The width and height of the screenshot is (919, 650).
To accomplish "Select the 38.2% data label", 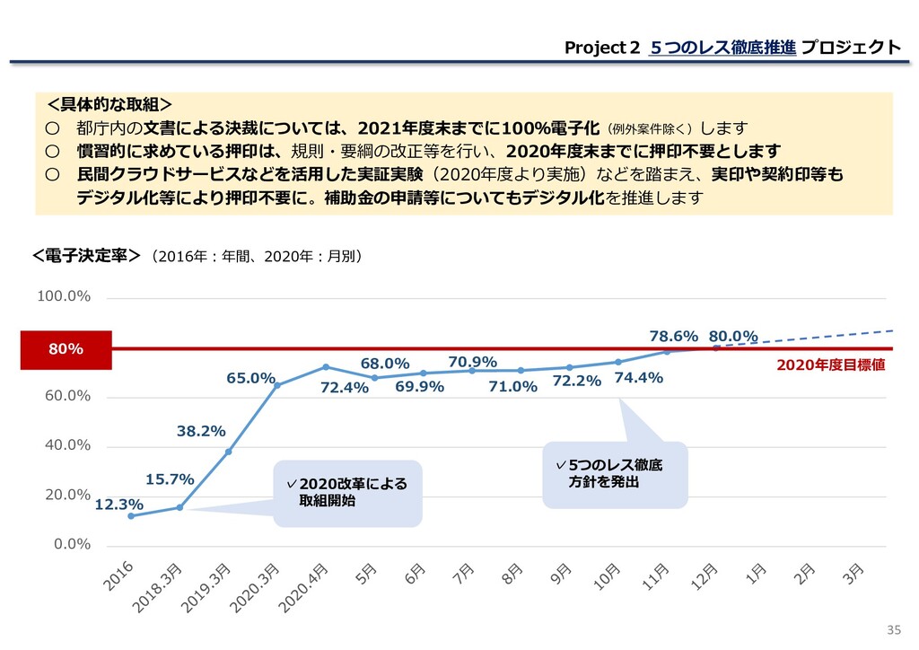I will pyautogui.click(x=200, y=431).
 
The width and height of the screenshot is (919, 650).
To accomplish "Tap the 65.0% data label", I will pyautogui.click(x=250, y=379).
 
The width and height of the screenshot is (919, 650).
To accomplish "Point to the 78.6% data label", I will pyautogui.click(x=673, y=336).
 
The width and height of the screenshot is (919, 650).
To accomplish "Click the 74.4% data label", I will pyautogui.click(x=638, y=378).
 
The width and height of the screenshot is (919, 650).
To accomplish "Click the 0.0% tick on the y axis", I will pyautogui.click(x=73, y=544).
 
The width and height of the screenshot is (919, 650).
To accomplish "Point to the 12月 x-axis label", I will pyautogui.click(x=704, y=576).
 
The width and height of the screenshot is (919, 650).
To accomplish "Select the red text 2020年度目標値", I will pyautogui.click(x=830, y=365).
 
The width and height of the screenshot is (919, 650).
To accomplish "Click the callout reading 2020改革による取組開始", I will pyautogui.click(x=347, y=493).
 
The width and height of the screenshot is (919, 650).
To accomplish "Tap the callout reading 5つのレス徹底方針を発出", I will pyautogui.click(x=615, y=473).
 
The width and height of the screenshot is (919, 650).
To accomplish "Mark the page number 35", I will pyautogui.click(x=892, y=628).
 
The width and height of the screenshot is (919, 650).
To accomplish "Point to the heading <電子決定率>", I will pyautogui.click(x=85, y=257).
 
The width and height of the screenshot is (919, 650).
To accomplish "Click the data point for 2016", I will pyautogui.click(x=131, y=515).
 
